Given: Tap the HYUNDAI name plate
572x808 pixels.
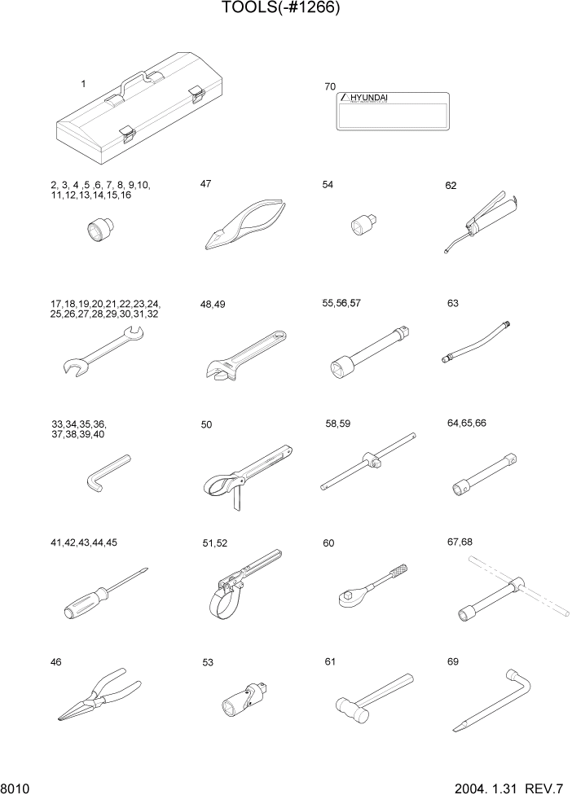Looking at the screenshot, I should (393, 111).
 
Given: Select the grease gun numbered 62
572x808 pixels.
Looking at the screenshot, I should (484, 219).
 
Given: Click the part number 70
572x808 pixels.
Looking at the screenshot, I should (329, 86).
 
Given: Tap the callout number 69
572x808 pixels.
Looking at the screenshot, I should (453, 661).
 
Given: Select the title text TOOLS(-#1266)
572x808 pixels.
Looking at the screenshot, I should (280, 8).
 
